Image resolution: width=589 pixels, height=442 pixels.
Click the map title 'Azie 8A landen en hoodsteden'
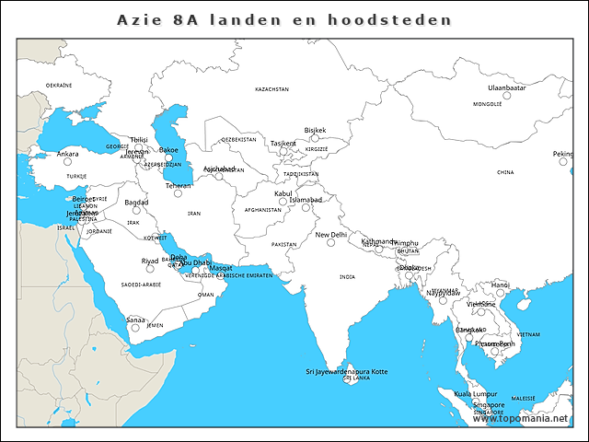coord(285,19)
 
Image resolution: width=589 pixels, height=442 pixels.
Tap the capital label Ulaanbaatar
coord(506,87)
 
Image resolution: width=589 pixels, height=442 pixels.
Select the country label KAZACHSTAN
coord(271,89)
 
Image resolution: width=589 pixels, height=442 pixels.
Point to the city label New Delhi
coord(331,235)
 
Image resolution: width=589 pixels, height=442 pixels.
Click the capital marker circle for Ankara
coord(67,162)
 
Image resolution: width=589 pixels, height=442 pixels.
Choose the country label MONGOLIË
coord(487,105)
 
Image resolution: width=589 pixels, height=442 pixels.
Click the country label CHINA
coord(505,172)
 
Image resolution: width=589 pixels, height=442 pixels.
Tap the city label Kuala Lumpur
coord(476,393)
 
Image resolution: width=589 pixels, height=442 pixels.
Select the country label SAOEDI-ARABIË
coord(141,285)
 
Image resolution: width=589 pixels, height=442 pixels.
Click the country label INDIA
coord(346,276)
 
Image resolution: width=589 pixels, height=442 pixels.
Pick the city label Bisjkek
coord(315,130)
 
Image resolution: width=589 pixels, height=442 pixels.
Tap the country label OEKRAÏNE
coord(59,84)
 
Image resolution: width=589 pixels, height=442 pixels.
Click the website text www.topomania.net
coord(527,419)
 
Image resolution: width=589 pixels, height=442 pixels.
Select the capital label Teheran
coord(178,185)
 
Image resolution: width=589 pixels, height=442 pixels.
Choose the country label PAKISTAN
coord(284,244)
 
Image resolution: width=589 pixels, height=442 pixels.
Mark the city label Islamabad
coord(306,199)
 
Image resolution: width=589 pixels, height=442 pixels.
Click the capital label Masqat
coord(221,268)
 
